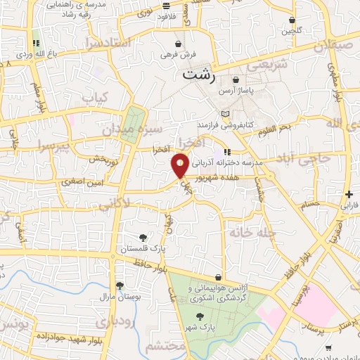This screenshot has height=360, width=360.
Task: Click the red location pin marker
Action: point(180,165)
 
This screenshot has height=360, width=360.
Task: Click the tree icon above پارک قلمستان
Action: point(143,238)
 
